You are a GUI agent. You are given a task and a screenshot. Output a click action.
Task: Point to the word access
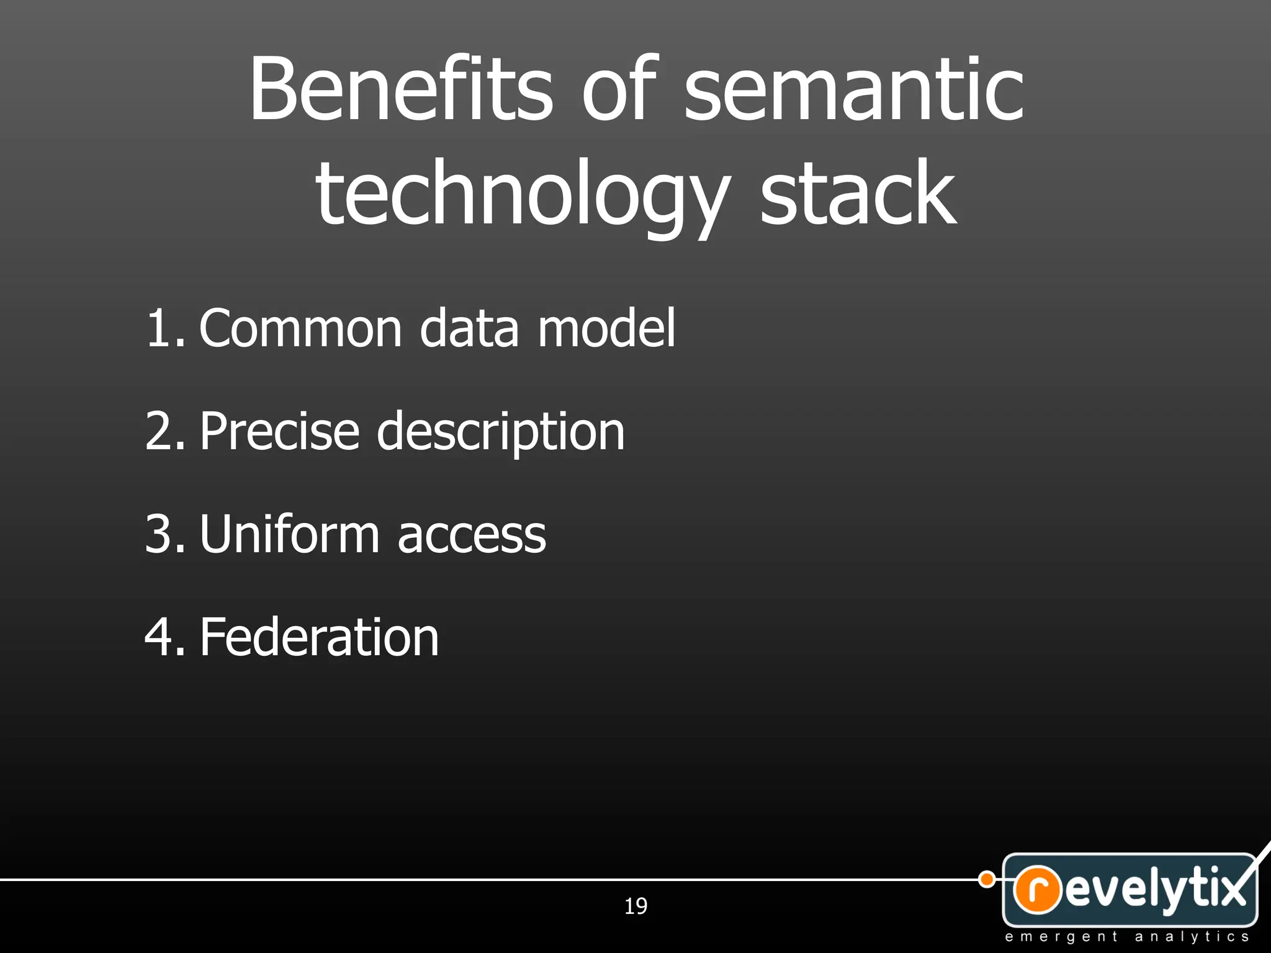click(x=472, y=535)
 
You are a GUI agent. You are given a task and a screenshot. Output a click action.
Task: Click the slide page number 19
click(x=635, y=906)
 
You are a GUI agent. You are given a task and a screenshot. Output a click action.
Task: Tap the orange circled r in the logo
click(x=1037, y=889)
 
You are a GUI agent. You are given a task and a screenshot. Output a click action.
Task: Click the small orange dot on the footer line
click(x=986, y=879)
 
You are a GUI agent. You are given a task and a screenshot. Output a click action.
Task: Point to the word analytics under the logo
click(x=1192, y=937)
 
